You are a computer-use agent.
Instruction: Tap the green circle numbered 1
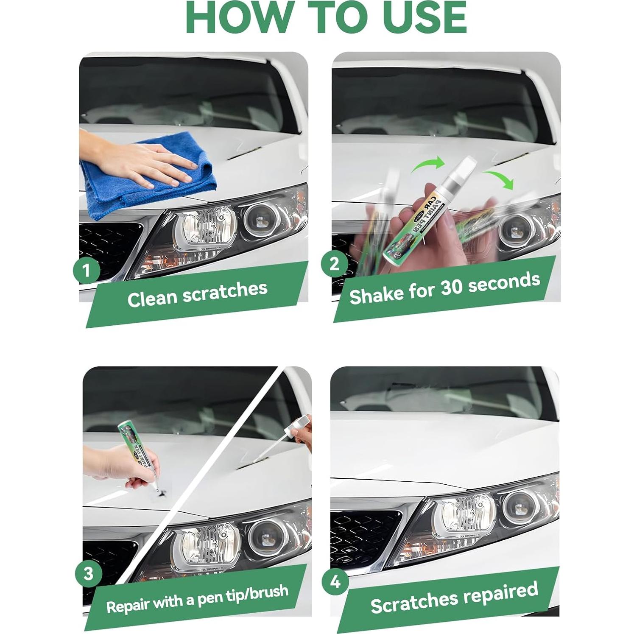(x=87, y=270)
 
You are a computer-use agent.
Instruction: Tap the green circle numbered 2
(x=335, y=264)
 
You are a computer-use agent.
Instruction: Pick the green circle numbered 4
(x=335, y=581)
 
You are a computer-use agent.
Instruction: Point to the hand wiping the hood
(x=161, y=163)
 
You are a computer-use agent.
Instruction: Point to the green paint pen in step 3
(x=134, y=450)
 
